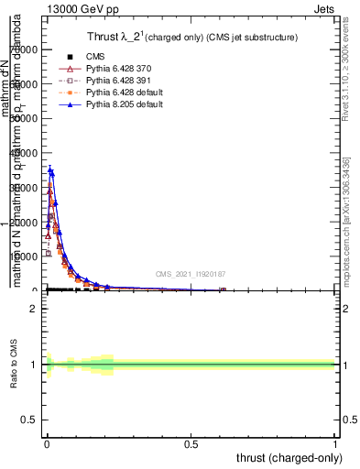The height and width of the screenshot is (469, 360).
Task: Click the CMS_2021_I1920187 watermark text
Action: [190, 274]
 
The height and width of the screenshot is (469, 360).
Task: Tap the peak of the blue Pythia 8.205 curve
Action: [51, 169]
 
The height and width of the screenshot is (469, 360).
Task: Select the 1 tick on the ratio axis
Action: [33, 365]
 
